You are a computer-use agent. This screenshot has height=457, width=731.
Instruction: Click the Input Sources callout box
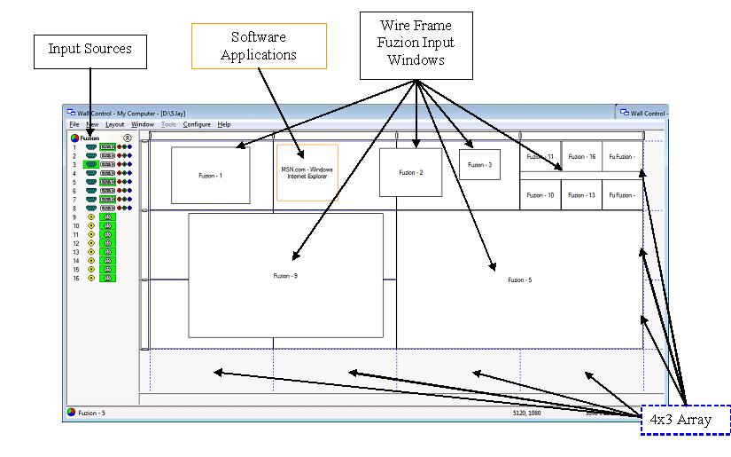89,51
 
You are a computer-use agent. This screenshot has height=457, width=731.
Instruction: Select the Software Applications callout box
259,46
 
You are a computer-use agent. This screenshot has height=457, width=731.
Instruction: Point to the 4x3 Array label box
686,420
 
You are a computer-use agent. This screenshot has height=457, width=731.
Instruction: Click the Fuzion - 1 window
210,176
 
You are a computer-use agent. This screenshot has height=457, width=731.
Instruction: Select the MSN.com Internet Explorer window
307,173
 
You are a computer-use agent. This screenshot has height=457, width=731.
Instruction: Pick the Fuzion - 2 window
410,172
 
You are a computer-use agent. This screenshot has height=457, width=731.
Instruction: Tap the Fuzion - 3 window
479,164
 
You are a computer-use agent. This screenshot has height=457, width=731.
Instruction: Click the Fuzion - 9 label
285,276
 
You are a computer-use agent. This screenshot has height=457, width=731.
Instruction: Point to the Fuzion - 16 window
581,156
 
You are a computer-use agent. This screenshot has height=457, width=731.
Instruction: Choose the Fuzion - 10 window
540,195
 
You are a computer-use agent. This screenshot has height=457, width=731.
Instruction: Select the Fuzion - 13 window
581,195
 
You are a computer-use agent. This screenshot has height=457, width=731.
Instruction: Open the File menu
74,125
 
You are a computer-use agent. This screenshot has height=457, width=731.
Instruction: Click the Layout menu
114,125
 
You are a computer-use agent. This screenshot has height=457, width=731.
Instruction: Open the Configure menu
197,125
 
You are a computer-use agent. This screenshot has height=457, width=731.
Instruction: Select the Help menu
224,125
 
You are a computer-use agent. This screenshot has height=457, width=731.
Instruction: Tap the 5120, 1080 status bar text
528,413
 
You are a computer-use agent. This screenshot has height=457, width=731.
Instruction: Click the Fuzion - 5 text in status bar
91,413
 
